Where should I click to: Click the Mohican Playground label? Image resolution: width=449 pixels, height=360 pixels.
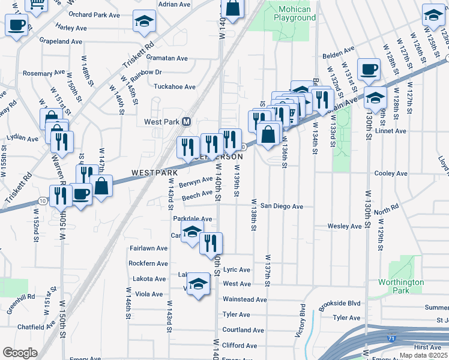[295, 13]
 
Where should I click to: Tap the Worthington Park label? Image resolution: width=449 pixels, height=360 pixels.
[401, 286]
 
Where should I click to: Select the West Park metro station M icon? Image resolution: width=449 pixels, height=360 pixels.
[186, 121]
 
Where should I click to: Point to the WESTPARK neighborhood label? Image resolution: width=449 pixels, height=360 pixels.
[154, 173]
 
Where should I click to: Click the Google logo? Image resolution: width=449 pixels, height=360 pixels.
[20, 352]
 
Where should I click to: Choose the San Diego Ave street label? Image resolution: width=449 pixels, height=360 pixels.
[281, 206]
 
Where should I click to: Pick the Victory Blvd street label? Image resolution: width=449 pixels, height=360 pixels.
[303, 320]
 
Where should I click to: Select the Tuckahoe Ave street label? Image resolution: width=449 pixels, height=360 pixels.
[175, 87]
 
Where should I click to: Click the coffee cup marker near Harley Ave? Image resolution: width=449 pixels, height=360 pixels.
[17, 25]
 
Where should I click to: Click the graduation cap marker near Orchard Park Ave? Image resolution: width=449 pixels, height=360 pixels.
[144, 22]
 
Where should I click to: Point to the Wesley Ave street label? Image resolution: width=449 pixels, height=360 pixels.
[344, 226]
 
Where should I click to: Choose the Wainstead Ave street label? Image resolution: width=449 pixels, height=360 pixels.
[244, 299]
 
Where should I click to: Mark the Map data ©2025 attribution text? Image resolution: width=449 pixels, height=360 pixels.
[423, 355]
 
